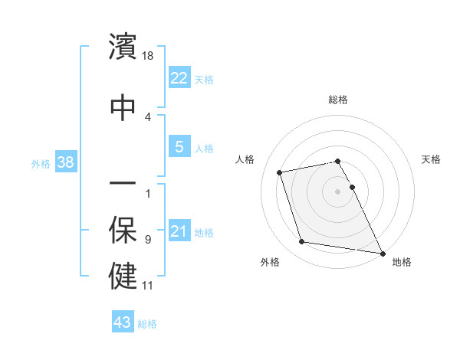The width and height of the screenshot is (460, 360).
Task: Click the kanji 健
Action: pyautogui.click(x=123, y=276)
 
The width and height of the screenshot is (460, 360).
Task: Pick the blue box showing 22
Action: pyautogui.click(x=179, y=78)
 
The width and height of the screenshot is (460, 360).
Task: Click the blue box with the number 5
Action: pyautogui.click(x=179, y=148)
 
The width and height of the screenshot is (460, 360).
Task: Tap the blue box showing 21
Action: pyautogui.click(x=179, y=232)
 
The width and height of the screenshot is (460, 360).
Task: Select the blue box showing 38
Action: pyautogui.click(x=65, y=162)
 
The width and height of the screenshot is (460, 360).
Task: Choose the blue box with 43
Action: pyautogui.click(x=122, y=323)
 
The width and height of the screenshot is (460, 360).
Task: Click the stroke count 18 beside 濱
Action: pyautogui.click(x=149, y=56)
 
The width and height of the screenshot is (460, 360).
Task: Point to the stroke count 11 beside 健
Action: pyautogui.click(x=148, y=286)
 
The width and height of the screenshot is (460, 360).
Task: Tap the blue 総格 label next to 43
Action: pyautogui.click(x=147, y=324)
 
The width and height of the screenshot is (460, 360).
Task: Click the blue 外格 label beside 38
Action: pyautogui.click(x=41, y=163)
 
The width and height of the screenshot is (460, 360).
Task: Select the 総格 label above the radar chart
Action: pyautogui.click(x=338, y=100)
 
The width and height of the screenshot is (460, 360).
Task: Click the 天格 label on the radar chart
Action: pyautogui.click(x=432, y=159)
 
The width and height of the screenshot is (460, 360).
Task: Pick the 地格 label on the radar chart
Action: pyautogui.click(x=402, y=262)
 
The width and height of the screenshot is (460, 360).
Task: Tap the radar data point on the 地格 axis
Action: pyautogui.click(x=382, y=252)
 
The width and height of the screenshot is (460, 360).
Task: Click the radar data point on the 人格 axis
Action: pyautogui.click(x=280, y=172)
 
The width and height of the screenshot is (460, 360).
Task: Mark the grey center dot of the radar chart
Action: pyautogui.click(x=338, y=191)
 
